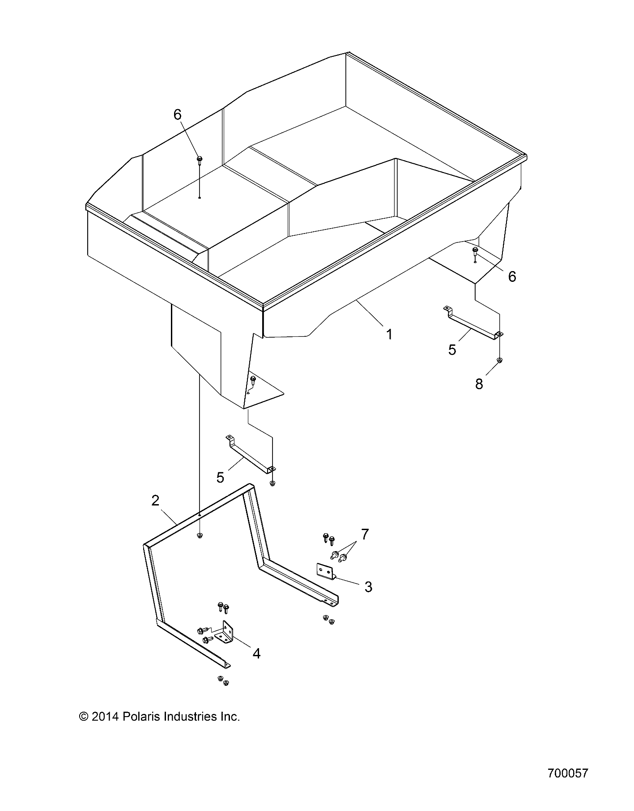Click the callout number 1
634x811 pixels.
pos(389,334)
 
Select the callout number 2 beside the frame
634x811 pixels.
pos(155,500)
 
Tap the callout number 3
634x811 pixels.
pos(368,587)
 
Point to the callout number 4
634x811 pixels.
pos(256,654)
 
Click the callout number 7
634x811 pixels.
pos(365,534)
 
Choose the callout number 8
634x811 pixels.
pos(479,384)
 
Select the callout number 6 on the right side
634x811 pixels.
pos(512,276)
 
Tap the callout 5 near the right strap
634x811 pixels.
pos(452,350)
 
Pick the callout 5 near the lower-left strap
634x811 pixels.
pos(220,477)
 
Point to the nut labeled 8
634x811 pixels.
pos(500,360)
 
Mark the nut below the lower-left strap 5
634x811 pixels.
pos(272,484)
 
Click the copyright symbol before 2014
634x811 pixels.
pos(83,716)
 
